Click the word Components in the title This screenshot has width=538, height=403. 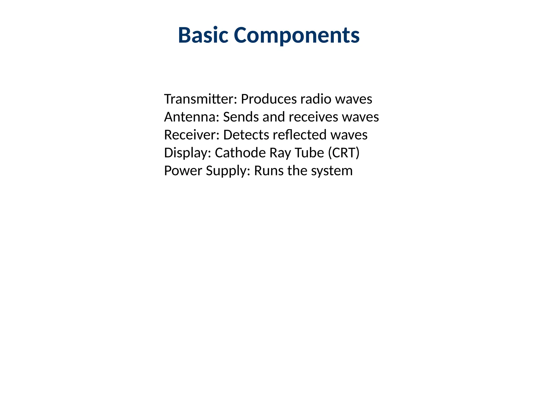point(297,36)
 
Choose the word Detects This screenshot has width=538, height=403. point(246,135)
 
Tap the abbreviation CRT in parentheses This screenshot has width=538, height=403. point(344,153)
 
